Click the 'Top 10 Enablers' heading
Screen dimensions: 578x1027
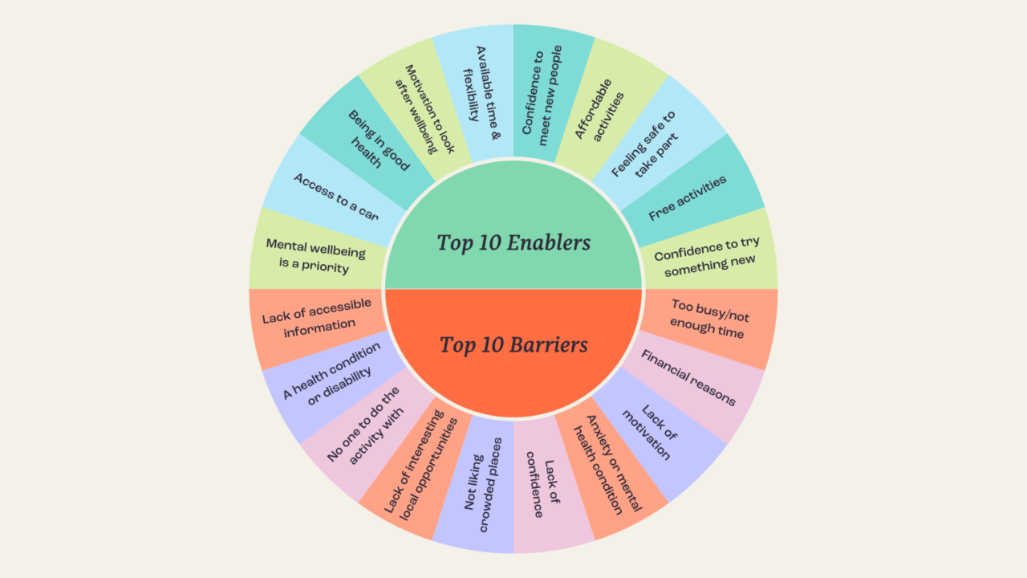[513, 242]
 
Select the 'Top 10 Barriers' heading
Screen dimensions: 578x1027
[513, 345]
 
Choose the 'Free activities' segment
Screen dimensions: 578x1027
[687, 197]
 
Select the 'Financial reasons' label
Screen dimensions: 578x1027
[688, 377]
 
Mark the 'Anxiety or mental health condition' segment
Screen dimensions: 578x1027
[607, 465]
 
